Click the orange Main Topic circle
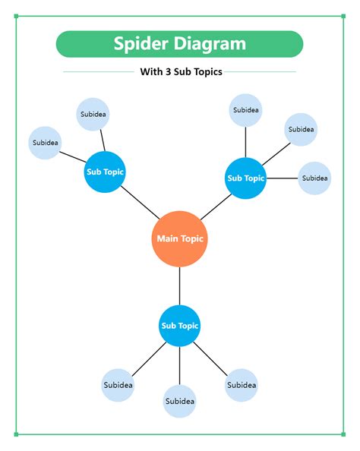pos(180,238)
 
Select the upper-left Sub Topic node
pos(104,172)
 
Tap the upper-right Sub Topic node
pos(245,178)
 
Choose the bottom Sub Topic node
pos(179,326)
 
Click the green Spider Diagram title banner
pos(179,44)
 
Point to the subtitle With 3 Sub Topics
pos(181,73)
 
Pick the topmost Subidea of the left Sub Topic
pos(93,115)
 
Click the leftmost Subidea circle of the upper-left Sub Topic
pos(45,143)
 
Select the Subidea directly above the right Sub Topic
pos(245,110)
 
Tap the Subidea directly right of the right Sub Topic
pos(314,178)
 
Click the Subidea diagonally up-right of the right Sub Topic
pos(301,129)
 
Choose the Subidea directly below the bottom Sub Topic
pos(179,401)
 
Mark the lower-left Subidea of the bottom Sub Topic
pos(118,385)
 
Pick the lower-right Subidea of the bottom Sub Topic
pos(242,385)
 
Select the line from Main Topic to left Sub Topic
pos(139,203)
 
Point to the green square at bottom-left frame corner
pos(16,435)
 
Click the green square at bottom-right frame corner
pos(346,435)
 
